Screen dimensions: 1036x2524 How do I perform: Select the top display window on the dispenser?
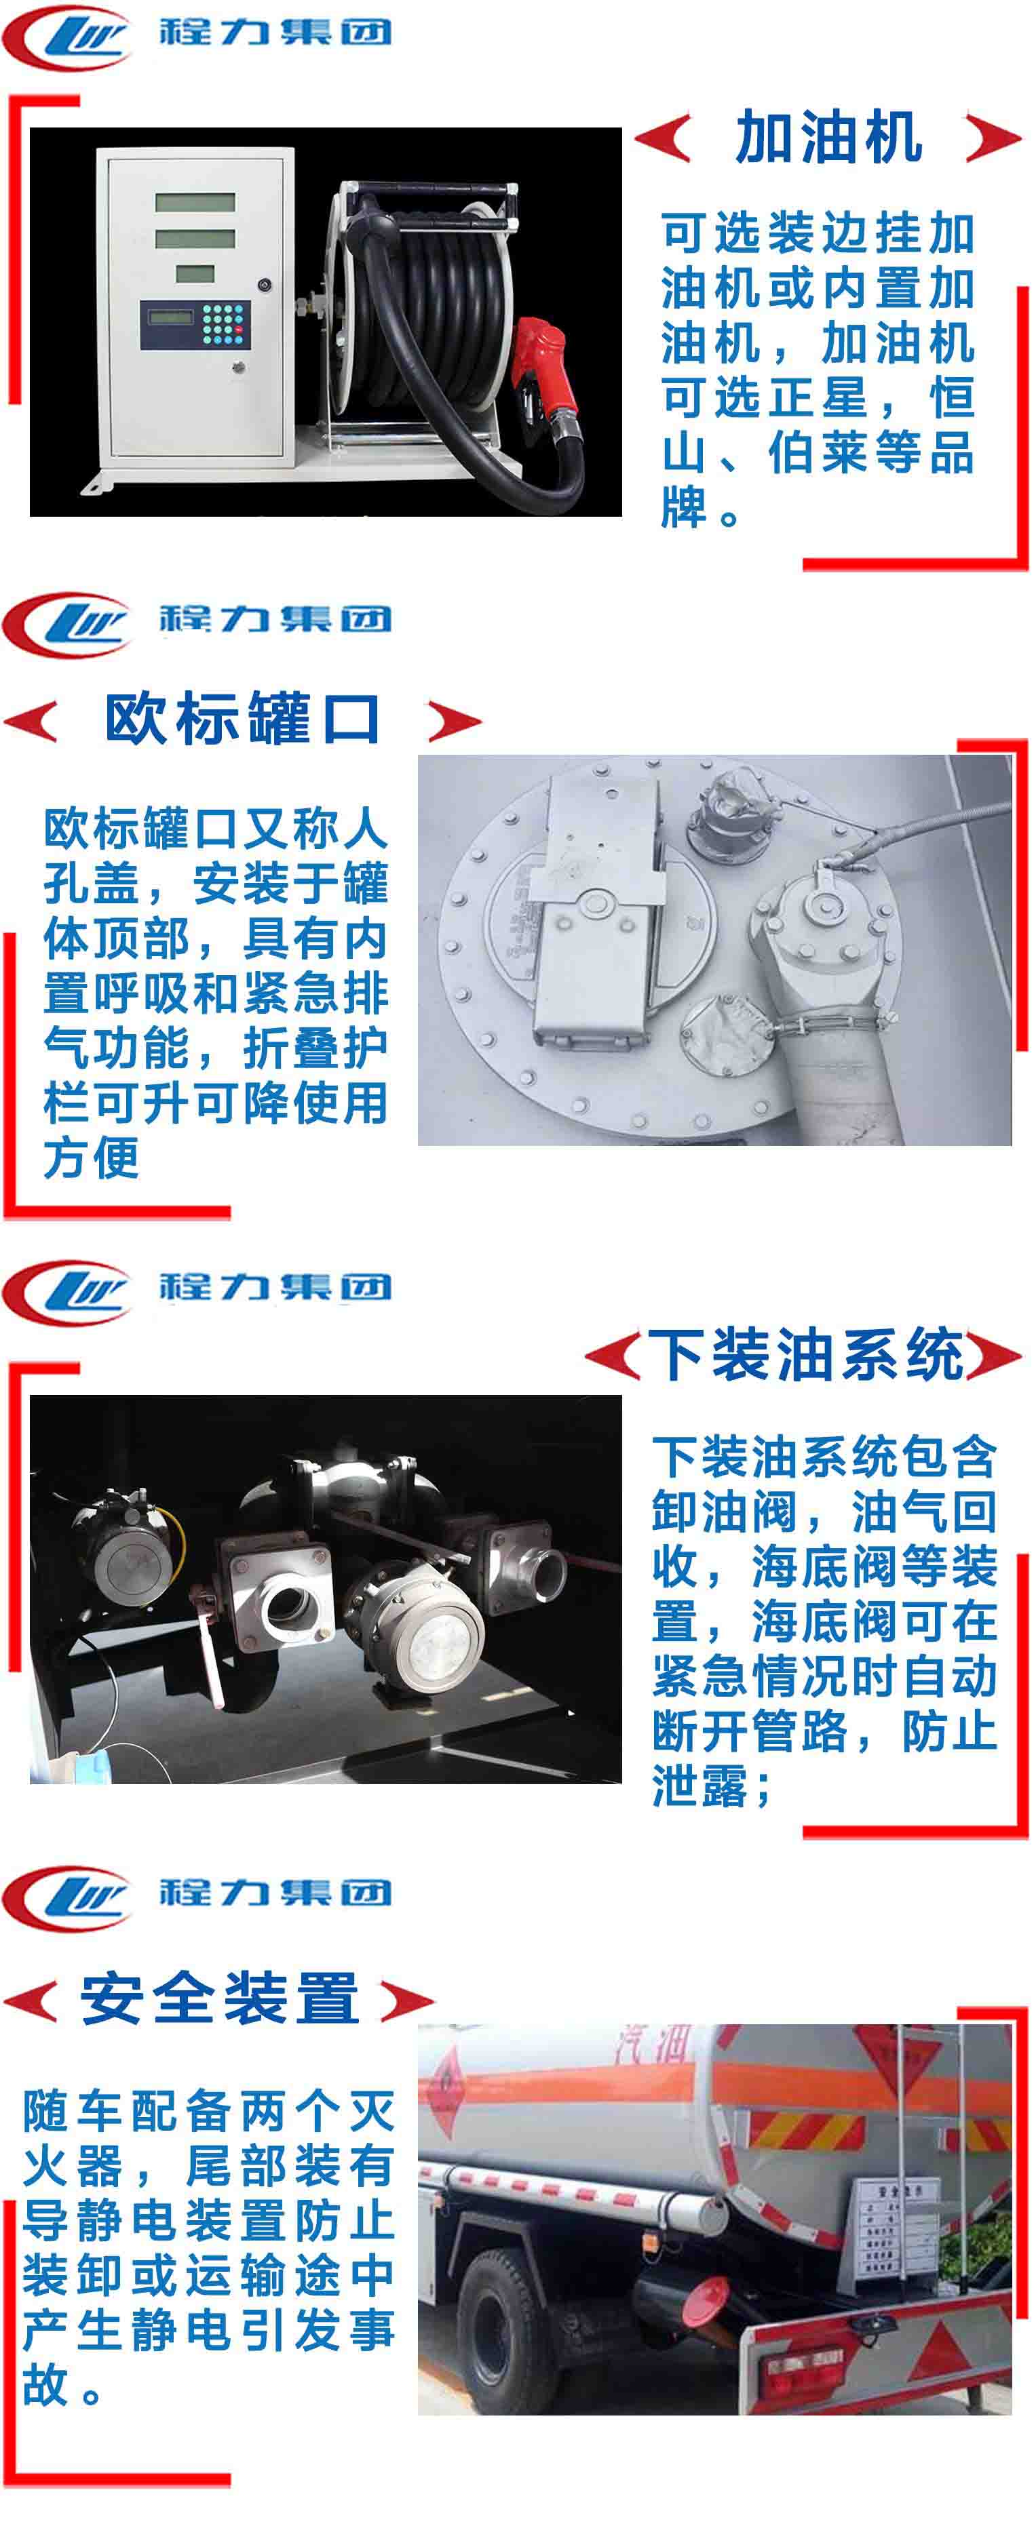(195, 203)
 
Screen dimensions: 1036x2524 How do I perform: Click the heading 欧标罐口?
(243, 719)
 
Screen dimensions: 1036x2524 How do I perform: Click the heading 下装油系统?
(806, 1354)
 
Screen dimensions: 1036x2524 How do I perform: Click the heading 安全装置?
(220, 1997)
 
